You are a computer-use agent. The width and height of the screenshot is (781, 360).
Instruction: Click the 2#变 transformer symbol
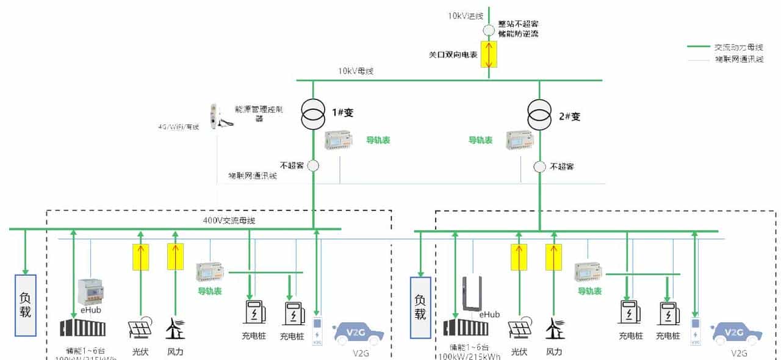[539, 115]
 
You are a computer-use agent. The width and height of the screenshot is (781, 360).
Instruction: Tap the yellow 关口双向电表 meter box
[489, 54]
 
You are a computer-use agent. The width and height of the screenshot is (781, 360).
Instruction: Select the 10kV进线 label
[466, 16]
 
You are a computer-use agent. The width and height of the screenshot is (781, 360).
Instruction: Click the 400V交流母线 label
[229, 220]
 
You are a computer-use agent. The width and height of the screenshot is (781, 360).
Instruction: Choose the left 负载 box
[26, 304]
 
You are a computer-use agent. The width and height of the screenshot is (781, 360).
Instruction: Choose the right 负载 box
[420, 307]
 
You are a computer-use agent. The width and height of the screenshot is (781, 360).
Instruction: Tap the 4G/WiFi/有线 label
[179, 127]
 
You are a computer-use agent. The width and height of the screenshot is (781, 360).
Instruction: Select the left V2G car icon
[358, 333]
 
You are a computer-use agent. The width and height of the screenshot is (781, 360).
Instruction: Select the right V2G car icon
[737, 333]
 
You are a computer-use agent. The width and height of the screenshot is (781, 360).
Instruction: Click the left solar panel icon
[140, 328]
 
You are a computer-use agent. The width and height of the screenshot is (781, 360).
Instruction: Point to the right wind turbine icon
[555, 329]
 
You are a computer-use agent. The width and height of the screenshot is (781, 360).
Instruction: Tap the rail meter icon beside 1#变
[339, 141]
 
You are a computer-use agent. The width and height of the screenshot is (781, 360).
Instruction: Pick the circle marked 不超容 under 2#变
[539, 166]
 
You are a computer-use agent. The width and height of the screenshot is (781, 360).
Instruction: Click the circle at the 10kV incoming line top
[489, 30]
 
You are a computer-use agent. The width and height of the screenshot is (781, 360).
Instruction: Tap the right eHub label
[489, 314]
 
